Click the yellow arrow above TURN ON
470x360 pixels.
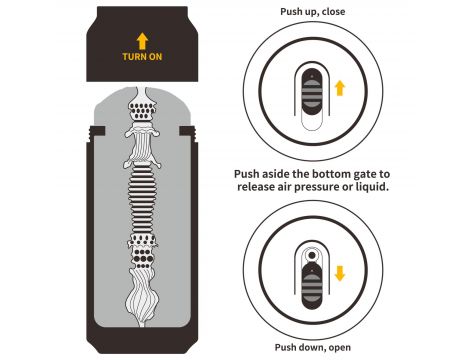pyautogui.click(x=142, y=41)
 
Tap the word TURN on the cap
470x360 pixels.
pyautogui.click(x=134, y=57)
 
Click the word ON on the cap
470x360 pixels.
pyautogui.click(x=156, y=57)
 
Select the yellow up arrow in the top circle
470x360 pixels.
pyautogui.click(x=340, y=88)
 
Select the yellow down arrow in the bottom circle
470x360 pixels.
pyautogui.click(x=340, y=273)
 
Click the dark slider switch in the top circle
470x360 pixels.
pyautogui.click(x=312, y=92)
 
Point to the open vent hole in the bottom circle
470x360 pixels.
pyautogui.click(x=312, y=255)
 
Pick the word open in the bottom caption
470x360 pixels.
pyautogui.click(x=340, y=348)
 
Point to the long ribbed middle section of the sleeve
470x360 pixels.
pyautogui.click(x=142, y=200)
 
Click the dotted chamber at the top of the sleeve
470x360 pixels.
pyautogui.click(x=142, y=110)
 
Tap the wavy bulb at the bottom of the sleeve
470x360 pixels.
pyautogui.click(x=141, y=297)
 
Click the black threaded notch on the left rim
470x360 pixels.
pyautogui.click(x=97, y=132)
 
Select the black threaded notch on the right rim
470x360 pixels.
pyautogui.click(x=187, y=132)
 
